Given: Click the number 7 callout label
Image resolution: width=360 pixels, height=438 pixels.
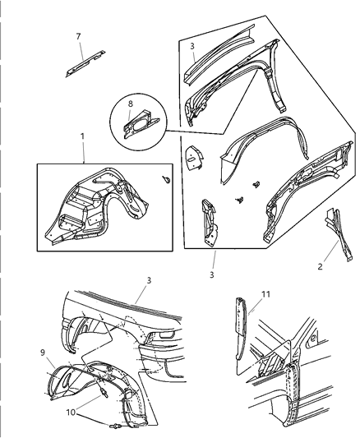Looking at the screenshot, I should tap(78, 36).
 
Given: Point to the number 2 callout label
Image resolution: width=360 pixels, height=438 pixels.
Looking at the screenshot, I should tap(320, 266).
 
